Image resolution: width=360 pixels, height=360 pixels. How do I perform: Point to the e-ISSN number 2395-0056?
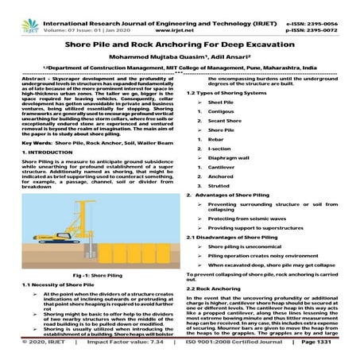click(x=328, y=6)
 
